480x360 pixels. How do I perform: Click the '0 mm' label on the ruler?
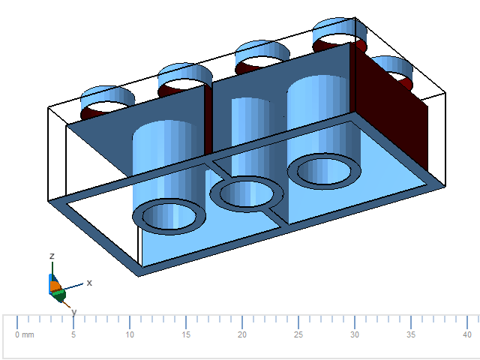click(x=25, y=334)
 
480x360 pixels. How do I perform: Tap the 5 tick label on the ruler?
click(x=73, y=334)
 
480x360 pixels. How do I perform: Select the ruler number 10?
click(x=130, y=334)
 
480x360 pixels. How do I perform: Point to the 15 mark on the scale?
click(x=186, y=334)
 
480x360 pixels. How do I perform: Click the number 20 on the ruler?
click(x=242, y=334)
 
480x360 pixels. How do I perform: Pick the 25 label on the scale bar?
click(x=298, y=334)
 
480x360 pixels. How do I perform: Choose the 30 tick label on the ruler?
click(x=355, y=334)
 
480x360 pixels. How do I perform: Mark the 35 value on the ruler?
click(x=411, y=334)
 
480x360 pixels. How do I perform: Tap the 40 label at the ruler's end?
click(x=466, y=334)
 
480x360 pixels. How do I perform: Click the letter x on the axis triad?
click(x=89, y=283)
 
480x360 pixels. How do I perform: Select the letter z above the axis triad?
click(x=52, y=256)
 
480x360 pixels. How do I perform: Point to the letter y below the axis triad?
click(x=73, y=311)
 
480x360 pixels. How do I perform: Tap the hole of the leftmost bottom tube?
click(x=169, y=217)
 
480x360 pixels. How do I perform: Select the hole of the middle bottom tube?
click(x=247, y=194)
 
